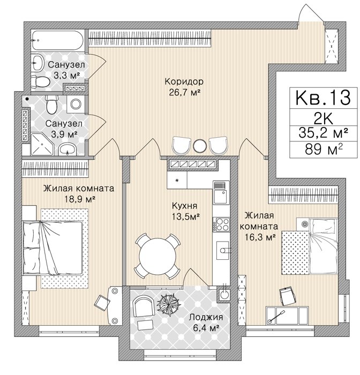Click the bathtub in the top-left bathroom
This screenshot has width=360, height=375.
[57, 40]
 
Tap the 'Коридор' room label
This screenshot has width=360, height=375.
[184, 81]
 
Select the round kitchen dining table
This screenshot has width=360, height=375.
[157, 257]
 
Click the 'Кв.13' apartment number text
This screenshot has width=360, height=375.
[323, 97]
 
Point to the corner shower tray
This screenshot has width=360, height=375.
[42, 144]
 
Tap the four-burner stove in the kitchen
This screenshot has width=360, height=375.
[221, 224]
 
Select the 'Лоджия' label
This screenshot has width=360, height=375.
[206, 317]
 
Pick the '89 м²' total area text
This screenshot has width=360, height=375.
[324, 149]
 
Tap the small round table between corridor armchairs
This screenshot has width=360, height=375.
[199, 145]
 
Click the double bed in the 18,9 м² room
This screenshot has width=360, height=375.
[52, 247]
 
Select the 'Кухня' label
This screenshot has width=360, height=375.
[184, 206]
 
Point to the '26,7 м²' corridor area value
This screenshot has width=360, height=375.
[184, 92]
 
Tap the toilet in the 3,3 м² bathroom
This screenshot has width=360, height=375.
[40, 82]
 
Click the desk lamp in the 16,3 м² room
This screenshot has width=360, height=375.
[276, 317]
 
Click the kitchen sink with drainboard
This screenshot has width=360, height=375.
[221, 192]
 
